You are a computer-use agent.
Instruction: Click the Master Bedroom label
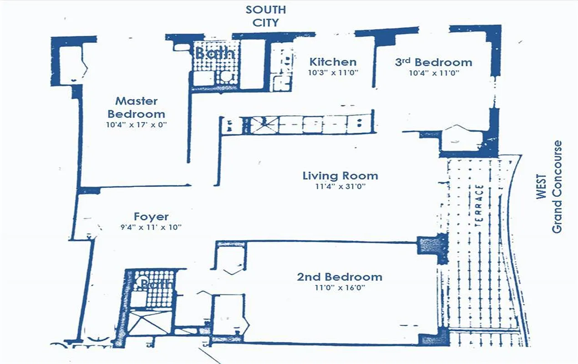click(136, 107)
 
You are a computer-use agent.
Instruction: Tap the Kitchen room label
click(333, 62)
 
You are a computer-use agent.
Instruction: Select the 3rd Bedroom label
click(433, 62)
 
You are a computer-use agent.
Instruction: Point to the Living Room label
click(340, 176)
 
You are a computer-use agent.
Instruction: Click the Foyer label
click(151, 217)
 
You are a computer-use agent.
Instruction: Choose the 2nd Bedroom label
click(340, 277)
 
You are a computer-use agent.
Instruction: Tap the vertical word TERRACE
click(478, 206)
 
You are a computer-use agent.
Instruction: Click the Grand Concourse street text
click(557, 187)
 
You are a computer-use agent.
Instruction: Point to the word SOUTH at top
click(265, 10)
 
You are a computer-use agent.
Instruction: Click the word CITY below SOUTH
click(266, 22)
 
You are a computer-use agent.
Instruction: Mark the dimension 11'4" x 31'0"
click(340, 186)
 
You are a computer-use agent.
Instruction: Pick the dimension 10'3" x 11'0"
click(333, 72)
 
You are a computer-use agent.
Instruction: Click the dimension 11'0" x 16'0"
click(340, 287)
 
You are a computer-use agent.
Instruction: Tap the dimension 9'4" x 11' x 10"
click(151, 227)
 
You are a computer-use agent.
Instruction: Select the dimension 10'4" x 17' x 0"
click(136, 124)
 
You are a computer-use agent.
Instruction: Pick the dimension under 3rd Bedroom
click(433, 72)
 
